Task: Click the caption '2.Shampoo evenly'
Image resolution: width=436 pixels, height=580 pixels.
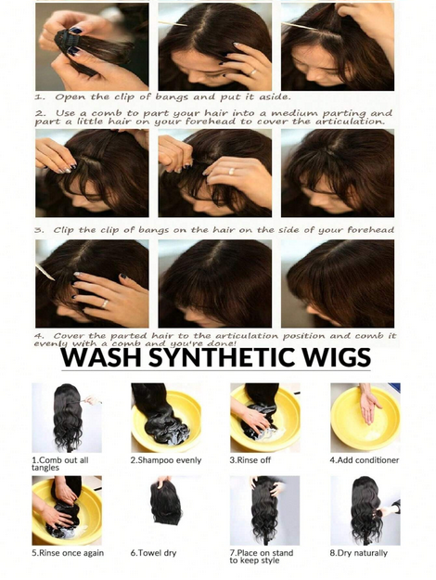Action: [x=166, y=460]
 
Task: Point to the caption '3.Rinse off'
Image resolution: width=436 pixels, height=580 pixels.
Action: [x=250, y=460]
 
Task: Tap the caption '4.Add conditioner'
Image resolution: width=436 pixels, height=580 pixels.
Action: [x=365, y=460]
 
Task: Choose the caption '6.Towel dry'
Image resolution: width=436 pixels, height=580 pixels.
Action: [x=153, y=553]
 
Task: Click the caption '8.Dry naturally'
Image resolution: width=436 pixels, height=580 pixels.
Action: [x=358, y=553]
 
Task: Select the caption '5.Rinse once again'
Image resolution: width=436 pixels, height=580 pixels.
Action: [x=68, y=553]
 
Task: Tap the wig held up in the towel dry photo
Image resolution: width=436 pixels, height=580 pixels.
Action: [x=166, y=501]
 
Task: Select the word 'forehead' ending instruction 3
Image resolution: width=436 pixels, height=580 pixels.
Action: [x=370, y=230]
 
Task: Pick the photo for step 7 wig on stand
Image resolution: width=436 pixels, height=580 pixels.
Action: [x=264, y=510]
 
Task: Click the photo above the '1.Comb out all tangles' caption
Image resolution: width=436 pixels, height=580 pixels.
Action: [x=67, y=418]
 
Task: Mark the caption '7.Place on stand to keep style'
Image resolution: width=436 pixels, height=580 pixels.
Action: [x=261, y=557]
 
